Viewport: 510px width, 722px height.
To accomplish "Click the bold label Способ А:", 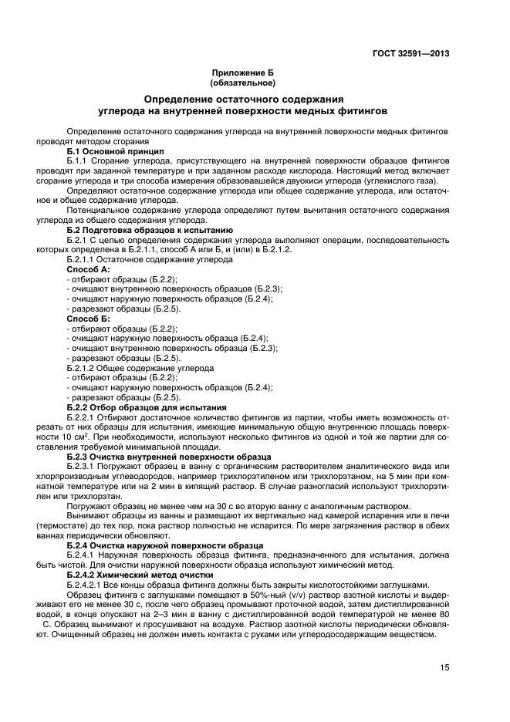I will [88, 269].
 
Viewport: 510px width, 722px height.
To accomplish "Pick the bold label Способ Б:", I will [88, 318].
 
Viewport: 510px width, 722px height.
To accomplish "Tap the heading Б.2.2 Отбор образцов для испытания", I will [146, 407].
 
